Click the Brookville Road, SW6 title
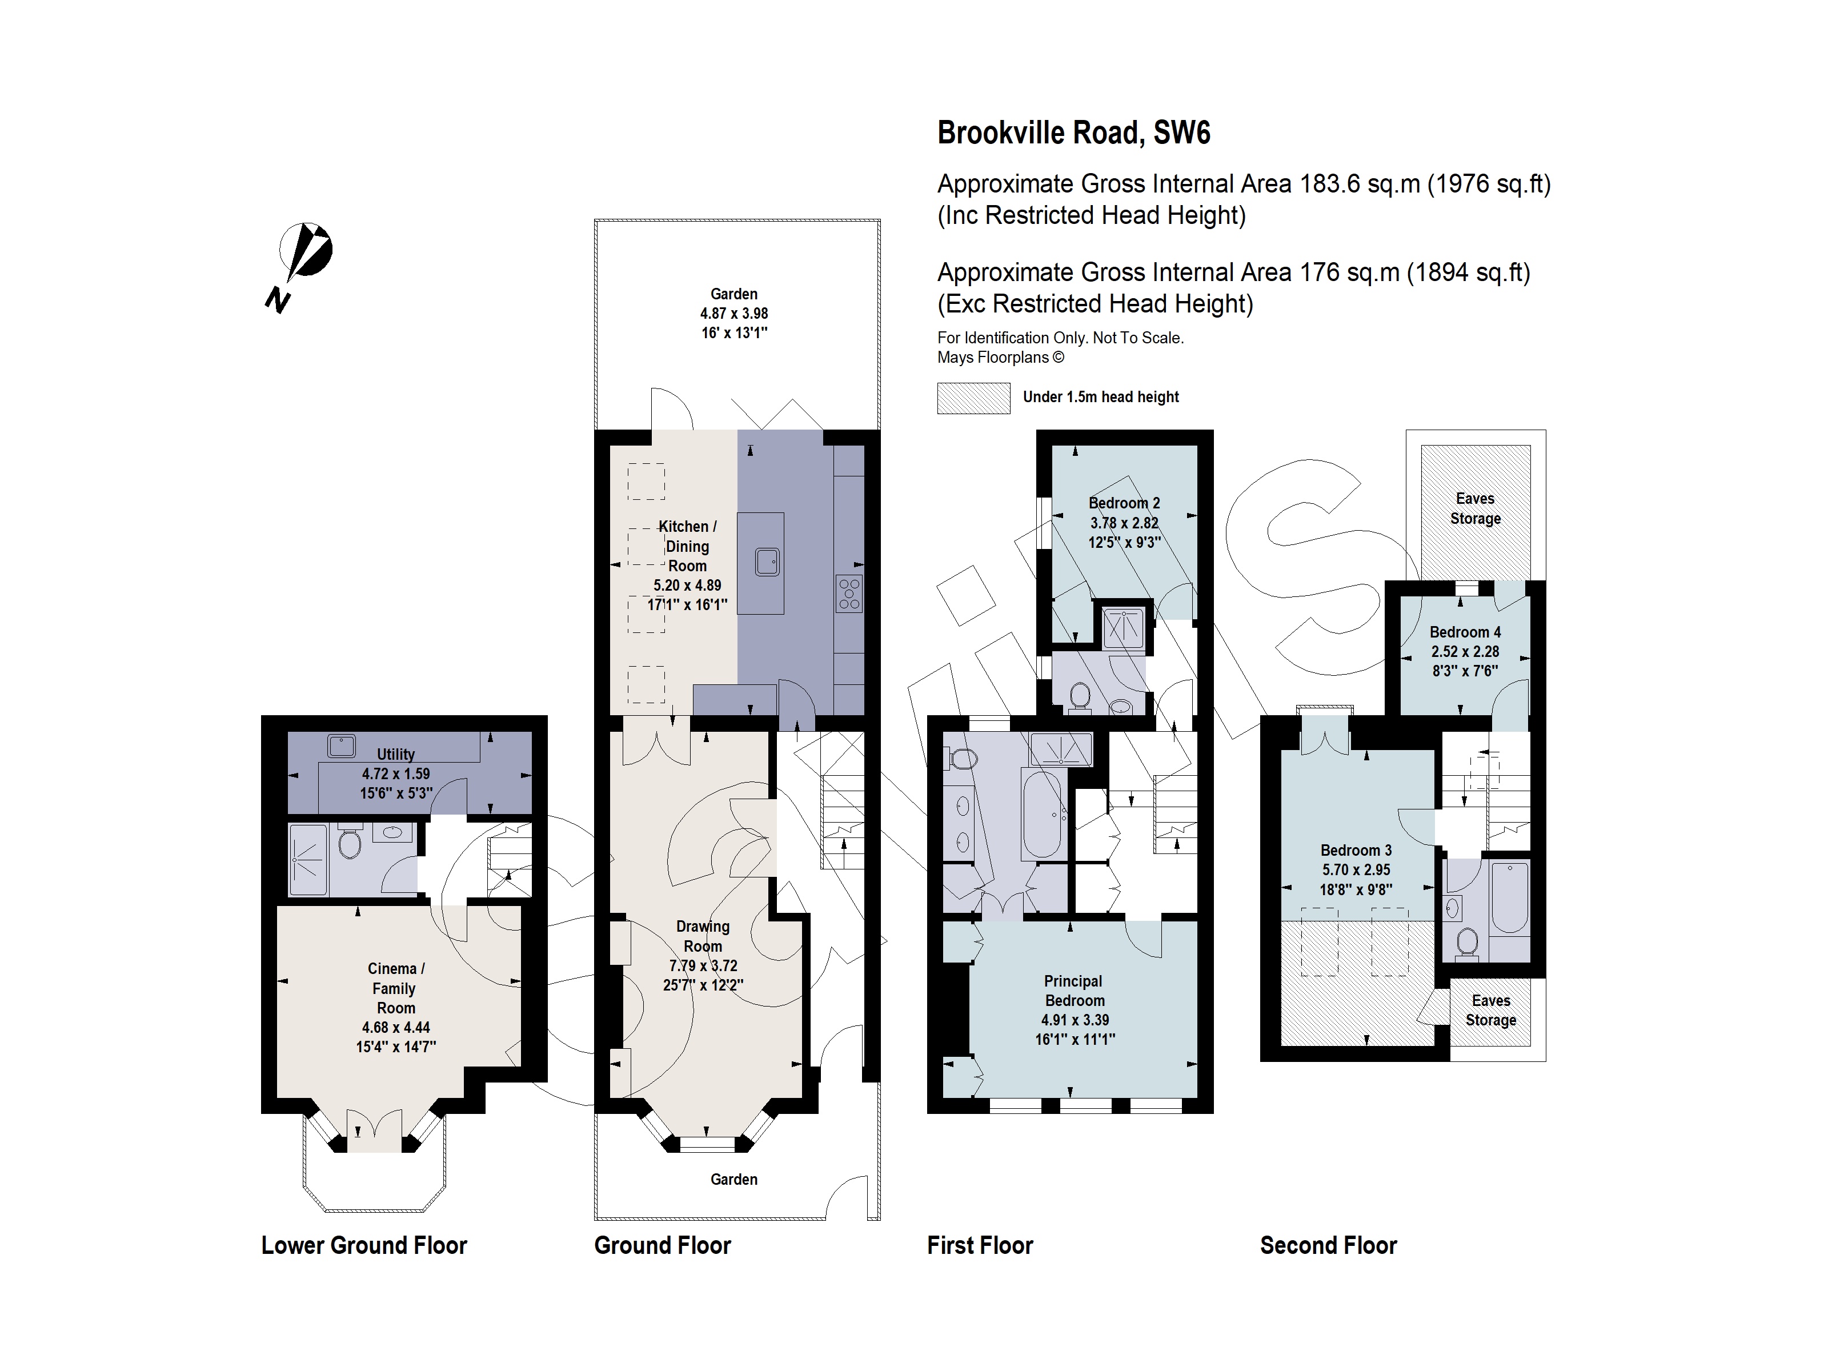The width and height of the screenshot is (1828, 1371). (1073, 133)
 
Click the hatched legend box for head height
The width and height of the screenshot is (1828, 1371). (973, 398)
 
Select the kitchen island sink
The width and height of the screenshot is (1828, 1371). (767, 562)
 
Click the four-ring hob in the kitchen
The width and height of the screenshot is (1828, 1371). (849, 592)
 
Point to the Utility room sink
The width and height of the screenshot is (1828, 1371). (341, 746)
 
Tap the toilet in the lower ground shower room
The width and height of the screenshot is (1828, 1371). (350, 844)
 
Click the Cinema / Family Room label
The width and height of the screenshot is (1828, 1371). (396, 988)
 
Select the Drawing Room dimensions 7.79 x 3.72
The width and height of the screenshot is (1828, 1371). (703, 965)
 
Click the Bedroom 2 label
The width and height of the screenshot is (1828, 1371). (1124, 503)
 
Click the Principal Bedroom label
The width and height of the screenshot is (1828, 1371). (1073, 990)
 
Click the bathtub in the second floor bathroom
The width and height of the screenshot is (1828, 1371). (1509, 897)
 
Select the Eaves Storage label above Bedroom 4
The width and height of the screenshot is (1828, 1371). (1475, 508)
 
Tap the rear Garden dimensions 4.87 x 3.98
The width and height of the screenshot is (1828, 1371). (734, 313)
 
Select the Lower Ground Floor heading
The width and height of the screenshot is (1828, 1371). (364, 1245)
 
